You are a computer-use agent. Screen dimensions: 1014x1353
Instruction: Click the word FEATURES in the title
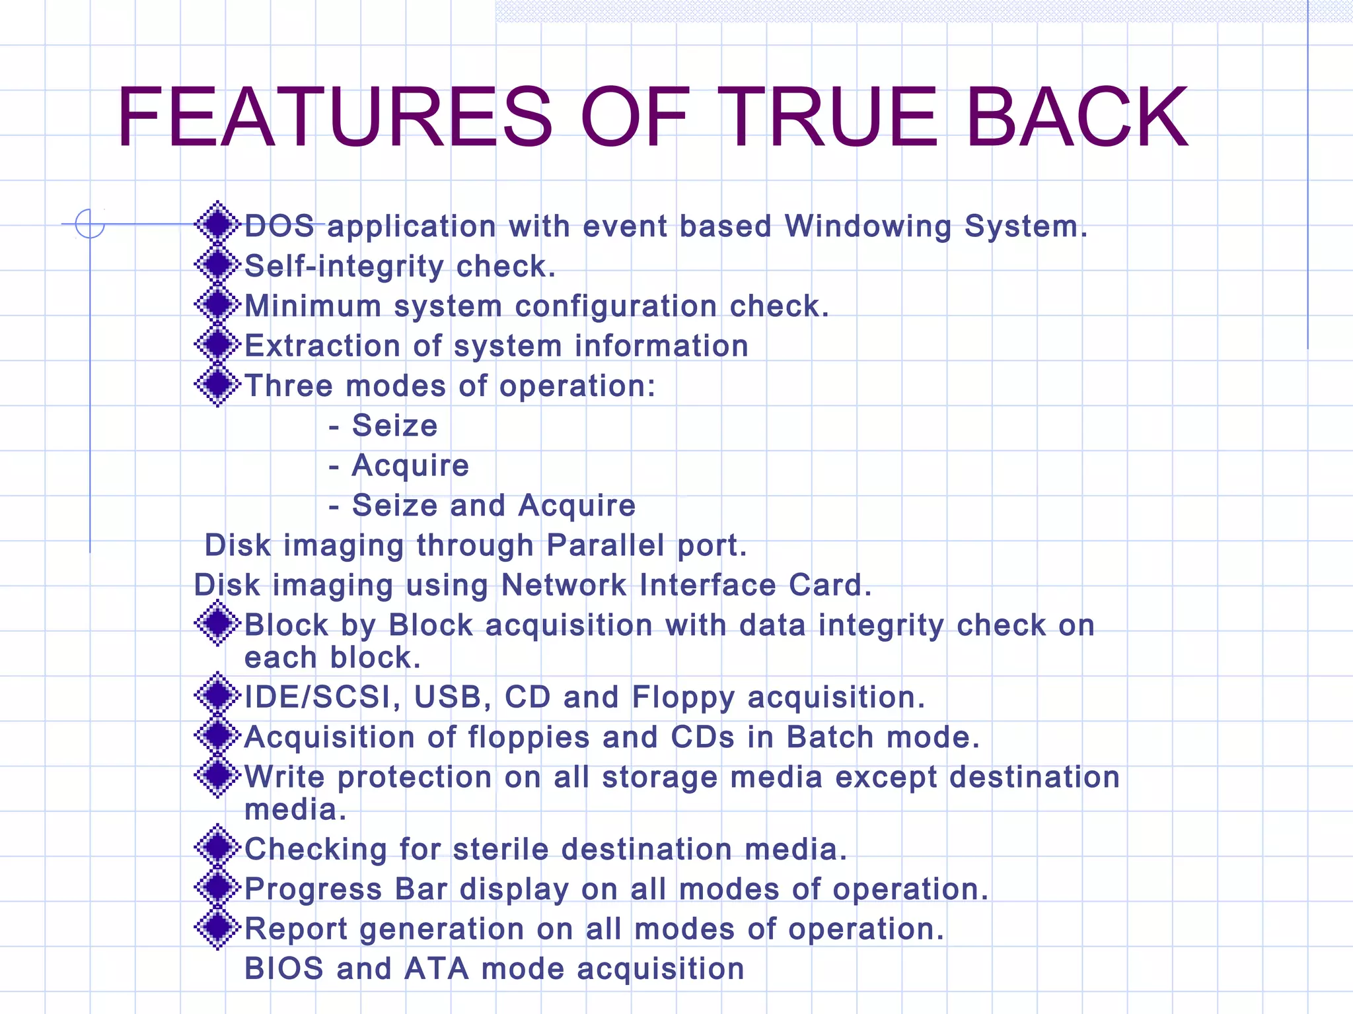334,118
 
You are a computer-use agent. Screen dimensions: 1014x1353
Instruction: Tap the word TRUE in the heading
827,118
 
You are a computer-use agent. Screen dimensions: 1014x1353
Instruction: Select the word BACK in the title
1077,118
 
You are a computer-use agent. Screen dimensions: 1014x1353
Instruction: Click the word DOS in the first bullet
279,226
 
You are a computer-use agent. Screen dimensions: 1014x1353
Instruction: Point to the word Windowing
868,226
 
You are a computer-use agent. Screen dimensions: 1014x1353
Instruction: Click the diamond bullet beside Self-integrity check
217,265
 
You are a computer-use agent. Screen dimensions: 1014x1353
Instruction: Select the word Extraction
322,346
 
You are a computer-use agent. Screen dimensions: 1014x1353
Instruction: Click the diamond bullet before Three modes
217,384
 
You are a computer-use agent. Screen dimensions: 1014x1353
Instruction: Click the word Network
564,585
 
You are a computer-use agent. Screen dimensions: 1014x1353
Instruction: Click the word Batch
830,737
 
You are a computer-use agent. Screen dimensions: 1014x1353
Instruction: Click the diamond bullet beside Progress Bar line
217,887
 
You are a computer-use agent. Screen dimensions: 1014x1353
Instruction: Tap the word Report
296,929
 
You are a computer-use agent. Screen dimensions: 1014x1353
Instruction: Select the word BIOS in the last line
284,969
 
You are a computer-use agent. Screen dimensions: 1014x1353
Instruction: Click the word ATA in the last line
436,969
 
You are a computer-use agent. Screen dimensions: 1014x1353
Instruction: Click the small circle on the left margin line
90,223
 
